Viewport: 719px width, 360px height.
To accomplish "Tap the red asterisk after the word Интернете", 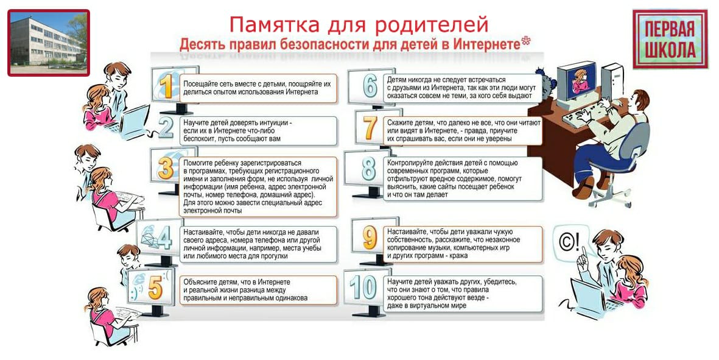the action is (525, 42).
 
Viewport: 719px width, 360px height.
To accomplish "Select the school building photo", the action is (49, 43).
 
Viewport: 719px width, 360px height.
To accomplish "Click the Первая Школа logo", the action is (670, 39).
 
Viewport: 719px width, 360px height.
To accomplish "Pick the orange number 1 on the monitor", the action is (166, 86).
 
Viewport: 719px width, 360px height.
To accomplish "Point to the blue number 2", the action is (166, 128).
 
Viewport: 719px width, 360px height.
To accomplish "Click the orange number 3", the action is (166, 168).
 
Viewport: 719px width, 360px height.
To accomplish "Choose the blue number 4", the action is (164, 238).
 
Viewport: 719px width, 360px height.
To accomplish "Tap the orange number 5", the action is (155, 288).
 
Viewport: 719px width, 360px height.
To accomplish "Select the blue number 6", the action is (370, 86).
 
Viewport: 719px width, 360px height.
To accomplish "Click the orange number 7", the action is (370, 128).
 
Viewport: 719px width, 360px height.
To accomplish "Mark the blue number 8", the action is (369, 169).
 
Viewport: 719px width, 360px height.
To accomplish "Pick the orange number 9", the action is (370, 238).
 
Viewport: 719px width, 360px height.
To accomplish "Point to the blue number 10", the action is (363, 288).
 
